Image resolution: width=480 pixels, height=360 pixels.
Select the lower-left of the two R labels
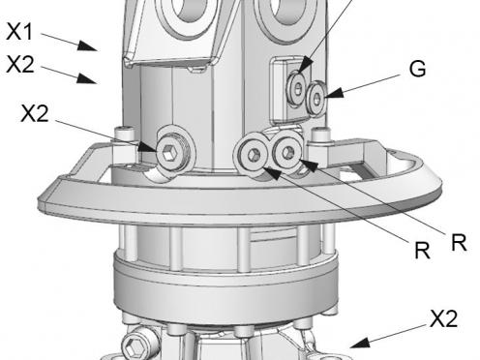point(422,250)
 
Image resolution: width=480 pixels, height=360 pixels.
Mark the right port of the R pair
point(285,149)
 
